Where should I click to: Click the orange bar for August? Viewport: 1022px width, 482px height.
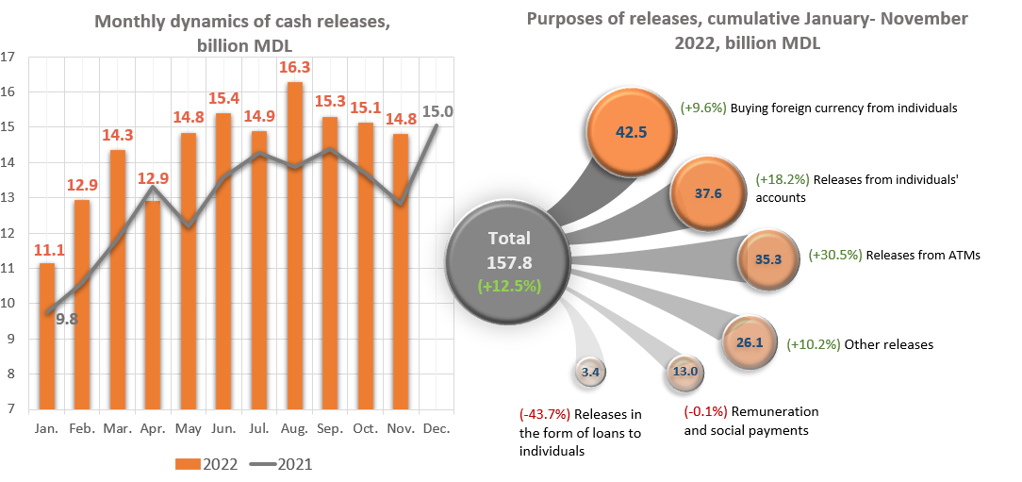[x=295, y=245]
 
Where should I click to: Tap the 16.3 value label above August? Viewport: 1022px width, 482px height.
[x=295, y=68]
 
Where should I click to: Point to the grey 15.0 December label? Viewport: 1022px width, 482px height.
[x=438, y=111]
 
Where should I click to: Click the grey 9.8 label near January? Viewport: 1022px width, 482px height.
[x=67, y=319]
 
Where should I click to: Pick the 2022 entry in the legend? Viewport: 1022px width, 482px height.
[x=206, y=464]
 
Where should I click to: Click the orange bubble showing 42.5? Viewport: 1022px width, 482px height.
[x=630, y=130]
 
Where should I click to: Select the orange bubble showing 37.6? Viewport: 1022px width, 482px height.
[x=708, y=192]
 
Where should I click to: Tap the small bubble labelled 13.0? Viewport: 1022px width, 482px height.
[x=684, y=370]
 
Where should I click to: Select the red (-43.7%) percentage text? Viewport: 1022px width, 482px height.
[x=544, y=414]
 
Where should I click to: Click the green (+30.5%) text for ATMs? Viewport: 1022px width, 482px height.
[x=834, y=255]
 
